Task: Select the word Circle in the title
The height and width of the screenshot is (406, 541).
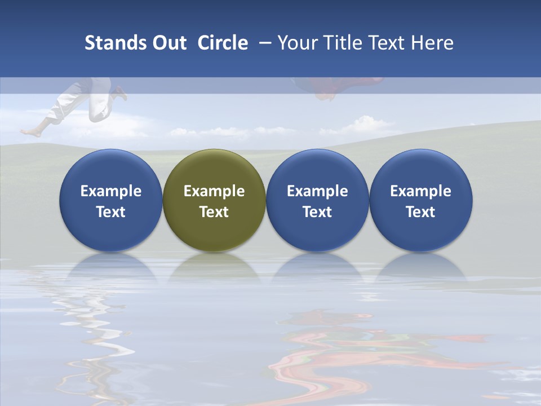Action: tap(223, 43)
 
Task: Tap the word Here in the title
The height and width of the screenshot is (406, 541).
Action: tap(433, 43)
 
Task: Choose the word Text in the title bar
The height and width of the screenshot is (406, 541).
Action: tap(388, 43)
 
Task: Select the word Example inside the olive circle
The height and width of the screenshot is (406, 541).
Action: tap(214, 191)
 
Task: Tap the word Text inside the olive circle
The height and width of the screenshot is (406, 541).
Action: tap(214, 212)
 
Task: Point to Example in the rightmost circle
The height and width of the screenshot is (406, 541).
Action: tap(421, 191)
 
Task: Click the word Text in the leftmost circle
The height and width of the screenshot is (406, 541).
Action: tap(111, 212)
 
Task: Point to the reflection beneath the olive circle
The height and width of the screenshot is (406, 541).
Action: tap(214, 268)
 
